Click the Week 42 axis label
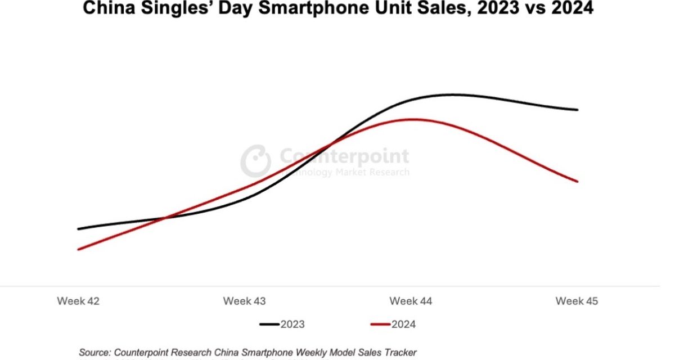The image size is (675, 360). pos(78,301)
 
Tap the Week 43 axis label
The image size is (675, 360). pos(245,301)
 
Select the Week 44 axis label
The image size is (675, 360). pos(411,301)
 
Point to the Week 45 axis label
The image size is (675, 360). pos(577,301)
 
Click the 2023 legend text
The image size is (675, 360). pos(292,324)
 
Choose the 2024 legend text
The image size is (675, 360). pos(404,324)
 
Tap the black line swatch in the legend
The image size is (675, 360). pos(269,325)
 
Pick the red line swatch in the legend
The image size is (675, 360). pos(381,325)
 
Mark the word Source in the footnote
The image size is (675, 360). pos(96,352)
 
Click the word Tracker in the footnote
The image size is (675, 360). pos(400,352)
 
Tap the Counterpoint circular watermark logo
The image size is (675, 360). pos(256,160)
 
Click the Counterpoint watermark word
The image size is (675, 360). pos(344,156)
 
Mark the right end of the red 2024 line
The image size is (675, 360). pos(578,181)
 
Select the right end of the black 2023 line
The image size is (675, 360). pos(578,110)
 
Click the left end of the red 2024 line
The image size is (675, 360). pos(78,249)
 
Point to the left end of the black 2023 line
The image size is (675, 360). pos(78,229)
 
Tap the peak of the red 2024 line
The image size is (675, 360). pos(413,119)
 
